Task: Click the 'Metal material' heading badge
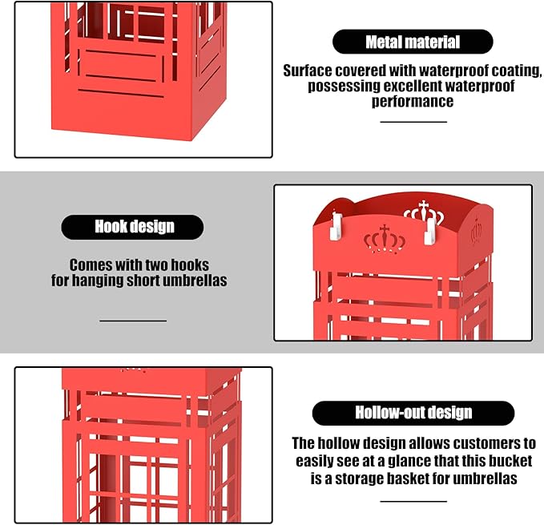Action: [x=413, y=42]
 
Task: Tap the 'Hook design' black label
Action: [x=132, y=227]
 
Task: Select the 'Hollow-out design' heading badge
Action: [x=413, y=413]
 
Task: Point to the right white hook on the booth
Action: [x=430, y=232]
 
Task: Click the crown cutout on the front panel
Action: [x=385, y=239]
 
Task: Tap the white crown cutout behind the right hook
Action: [x=424, y=212]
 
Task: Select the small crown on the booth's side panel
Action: [x=476, y=231]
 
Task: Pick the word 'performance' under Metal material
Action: [x=413, y=101]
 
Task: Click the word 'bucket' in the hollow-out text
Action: [x=510, y=461]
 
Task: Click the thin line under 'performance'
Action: [x=413, y=122]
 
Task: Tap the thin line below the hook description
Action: [x=133, y=321]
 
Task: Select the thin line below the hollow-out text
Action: [x=413, y=501]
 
